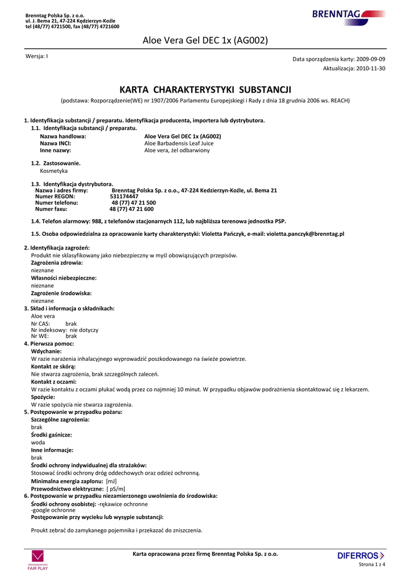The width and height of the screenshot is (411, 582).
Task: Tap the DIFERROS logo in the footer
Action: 360,555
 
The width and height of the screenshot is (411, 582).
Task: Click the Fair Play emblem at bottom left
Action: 37,560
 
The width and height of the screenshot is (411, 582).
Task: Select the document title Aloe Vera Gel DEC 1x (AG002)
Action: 205,40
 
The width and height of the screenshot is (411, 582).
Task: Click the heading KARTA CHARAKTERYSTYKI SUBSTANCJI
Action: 205,90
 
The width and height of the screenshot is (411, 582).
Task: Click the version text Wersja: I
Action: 37,56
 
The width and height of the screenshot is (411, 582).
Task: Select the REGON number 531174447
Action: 124,196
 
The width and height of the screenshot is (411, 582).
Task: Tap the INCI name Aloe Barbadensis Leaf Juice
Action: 179,144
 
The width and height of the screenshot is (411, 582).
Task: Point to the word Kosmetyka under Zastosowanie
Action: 54,171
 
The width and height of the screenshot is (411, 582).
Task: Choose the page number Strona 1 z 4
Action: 372,564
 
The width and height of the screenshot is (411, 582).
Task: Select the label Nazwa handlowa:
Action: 63,136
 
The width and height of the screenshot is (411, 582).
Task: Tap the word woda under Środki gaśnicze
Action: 38,442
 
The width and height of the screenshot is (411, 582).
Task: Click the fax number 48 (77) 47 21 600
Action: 131,209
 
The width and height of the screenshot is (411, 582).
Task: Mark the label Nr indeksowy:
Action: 49,330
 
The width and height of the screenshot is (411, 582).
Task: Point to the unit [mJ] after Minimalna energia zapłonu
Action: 111,481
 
